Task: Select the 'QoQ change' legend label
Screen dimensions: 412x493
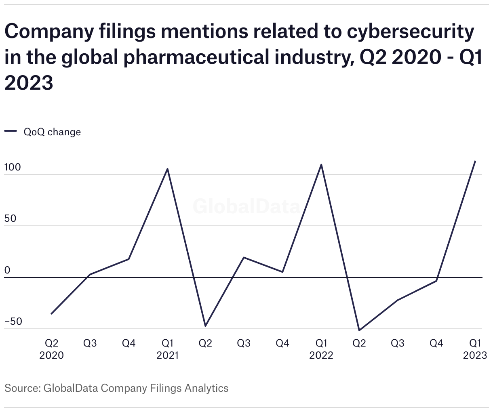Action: click(x=52, y=132)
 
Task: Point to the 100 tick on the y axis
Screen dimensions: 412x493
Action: click(x=13, y=168)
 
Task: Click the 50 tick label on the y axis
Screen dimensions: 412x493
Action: click(x=11, y=219)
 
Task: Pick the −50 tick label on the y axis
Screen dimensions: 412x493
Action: click(x=13, y=322)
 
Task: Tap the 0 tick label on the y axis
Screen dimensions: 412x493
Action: click(x=7, y=270)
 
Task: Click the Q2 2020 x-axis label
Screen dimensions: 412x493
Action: click(x=51, y=349)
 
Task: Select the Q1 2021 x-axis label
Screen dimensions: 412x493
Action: click(x=167, y=349)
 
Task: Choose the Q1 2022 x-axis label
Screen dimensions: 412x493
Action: click(x=321, y=349)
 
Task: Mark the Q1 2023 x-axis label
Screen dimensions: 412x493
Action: click(x=475, y=349)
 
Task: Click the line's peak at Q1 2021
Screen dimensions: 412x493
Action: click(x=167, y=169)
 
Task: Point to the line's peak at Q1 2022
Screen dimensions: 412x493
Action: click(x=321, y=164)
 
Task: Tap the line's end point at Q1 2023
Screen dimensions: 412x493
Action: click(x=475, y=161)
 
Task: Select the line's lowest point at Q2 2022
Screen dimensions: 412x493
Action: click(x=359, y=330)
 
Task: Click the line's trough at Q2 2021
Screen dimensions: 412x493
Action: click(x=205, y=326)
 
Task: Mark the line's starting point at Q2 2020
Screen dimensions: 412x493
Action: click(x=51, y=313)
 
